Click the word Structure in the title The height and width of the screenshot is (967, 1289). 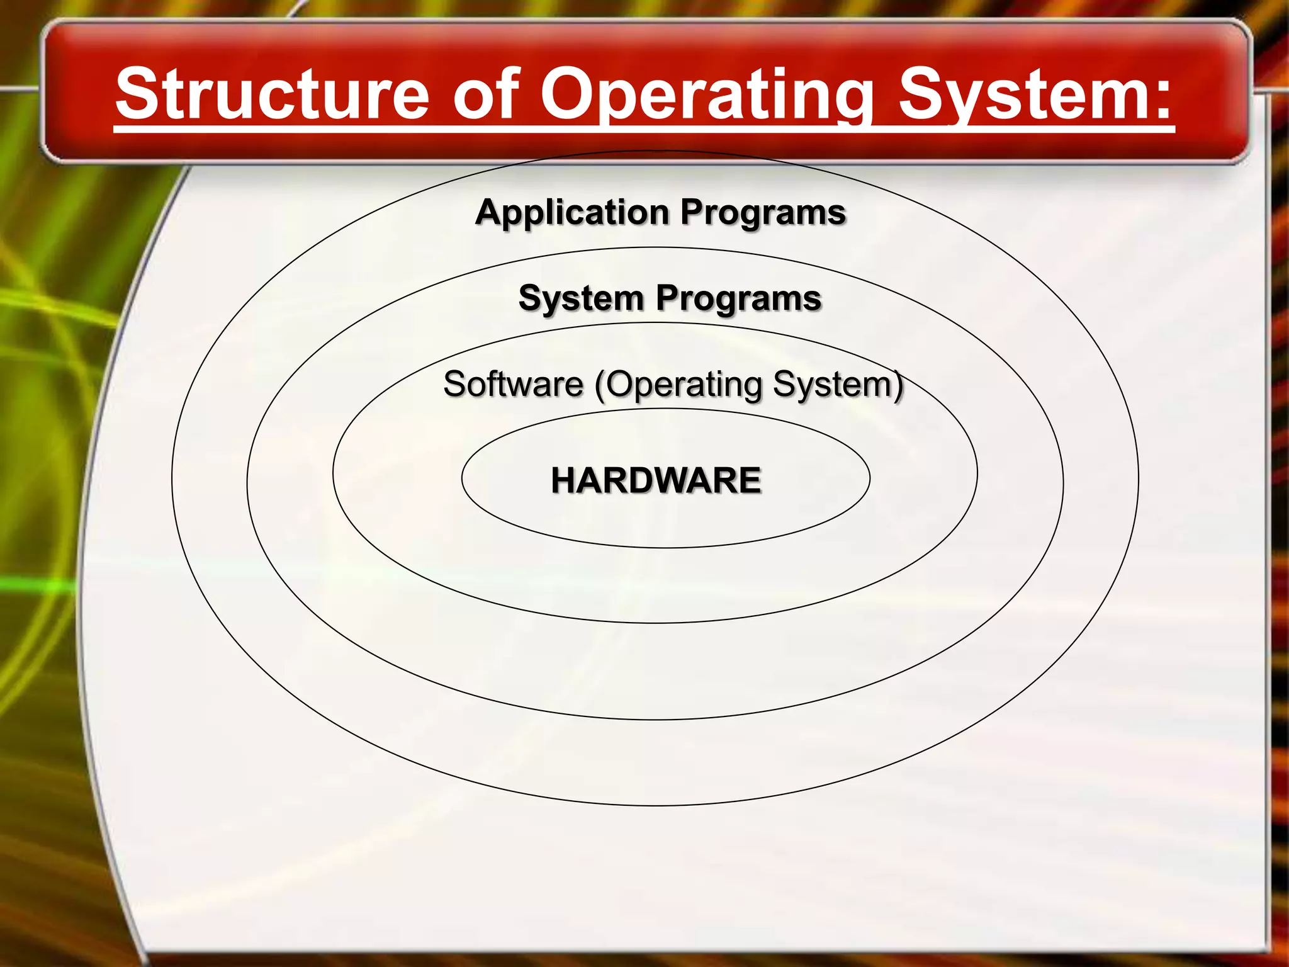pos(272,94)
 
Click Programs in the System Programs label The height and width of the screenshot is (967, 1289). pos(739,298)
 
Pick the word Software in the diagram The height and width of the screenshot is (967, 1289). pos(513,384)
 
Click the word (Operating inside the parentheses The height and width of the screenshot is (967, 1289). pos(677,384)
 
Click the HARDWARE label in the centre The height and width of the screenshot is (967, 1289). pos(656,480)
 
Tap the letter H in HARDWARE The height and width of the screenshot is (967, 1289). pos(564,480)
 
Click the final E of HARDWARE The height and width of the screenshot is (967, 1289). pos(750,480)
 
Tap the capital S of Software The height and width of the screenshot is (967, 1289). pos(456,384)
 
